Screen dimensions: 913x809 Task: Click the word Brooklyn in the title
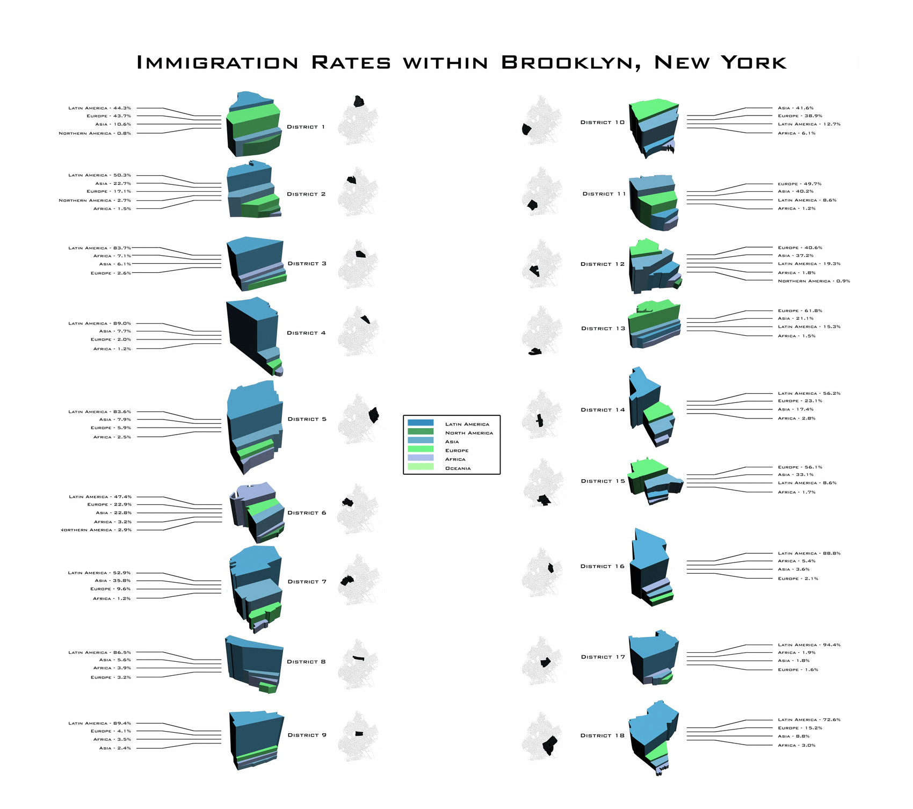571,63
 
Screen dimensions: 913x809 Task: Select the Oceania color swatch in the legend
421,467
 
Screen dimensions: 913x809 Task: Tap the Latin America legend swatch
421,423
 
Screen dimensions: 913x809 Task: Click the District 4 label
306,333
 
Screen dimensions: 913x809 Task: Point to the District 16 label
603,566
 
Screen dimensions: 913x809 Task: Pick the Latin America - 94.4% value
809,645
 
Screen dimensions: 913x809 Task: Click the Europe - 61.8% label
800,310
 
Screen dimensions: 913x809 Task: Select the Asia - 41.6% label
795,108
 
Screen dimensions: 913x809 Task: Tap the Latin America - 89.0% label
99,323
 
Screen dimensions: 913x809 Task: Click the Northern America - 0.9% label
814,281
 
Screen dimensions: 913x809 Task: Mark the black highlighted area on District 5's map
374,415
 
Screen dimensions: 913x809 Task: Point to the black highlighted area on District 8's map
358,658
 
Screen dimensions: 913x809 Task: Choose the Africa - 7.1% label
112,256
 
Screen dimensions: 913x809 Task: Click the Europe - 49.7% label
800,184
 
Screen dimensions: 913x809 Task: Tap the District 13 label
603,328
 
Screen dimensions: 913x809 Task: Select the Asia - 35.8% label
112,581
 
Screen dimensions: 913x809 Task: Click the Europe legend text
457,451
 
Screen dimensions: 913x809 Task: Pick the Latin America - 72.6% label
809,720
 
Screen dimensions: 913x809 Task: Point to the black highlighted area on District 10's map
526,129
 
